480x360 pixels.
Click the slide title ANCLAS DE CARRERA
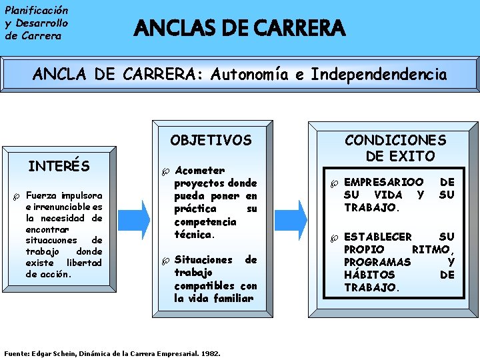(240, 29)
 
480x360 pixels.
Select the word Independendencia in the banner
(379, 74)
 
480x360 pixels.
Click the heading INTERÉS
(59, 165)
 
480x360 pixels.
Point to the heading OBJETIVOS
(211, 140)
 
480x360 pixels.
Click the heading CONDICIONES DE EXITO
(395, 148)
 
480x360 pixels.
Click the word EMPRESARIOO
(383, 182)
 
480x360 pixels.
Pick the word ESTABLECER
(378, 237)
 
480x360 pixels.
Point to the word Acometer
(199, 170)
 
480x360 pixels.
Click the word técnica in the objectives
(193, 234)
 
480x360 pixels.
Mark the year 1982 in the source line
(211, 353)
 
